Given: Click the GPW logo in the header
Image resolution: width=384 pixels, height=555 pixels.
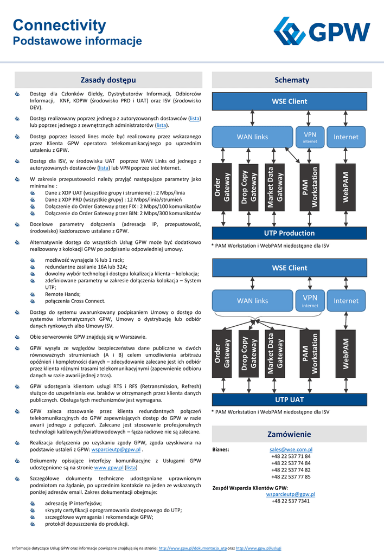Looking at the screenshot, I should [x=322, y=31].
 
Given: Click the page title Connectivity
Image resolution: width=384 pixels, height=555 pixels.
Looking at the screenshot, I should [x=60, y=25].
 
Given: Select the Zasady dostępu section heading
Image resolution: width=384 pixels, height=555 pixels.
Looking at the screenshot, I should [x=108, y=80].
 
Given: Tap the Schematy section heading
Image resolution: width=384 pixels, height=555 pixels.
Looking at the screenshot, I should [x=292, y=80].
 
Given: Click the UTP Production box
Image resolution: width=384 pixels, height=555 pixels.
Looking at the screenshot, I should [x=289, y=233].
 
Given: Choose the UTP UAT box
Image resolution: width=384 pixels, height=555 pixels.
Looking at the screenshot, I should [x=289, y=399].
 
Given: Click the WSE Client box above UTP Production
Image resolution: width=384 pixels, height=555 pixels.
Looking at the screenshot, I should [x=289, y=101].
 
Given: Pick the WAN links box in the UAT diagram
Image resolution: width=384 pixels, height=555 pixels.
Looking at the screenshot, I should [x=252, y=301].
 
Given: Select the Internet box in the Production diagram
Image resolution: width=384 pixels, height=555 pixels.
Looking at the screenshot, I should [x=346, y=137].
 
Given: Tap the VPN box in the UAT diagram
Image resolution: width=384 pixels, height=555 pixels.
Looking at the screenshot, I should [x=310, y=300].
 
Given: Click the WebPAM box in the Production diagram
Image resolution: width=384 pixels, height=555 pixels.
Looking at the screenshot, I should [x=345, y=187].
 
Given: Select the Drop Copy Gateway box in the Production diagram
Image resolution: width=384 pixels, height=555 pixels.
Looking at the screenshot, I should [x=249, y=187].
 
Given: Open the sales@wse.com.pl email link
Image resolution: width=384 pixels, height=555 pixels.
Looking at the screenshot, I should [x=291, y=449].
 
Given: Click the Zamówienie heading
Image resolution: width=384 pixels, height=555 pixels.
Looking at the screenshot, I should [x=289, y=434].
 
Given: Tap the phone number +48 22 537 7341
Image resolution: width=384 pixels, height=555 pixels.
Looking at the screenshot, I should [x=291, y=501].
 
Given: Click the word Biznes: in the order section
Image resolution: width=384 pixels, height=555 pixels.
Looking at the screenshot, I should [x=221, y=449].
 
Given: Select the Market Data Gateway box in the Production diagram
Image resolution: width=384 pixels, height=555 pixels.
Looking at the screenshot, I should [x=275, y=187].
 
